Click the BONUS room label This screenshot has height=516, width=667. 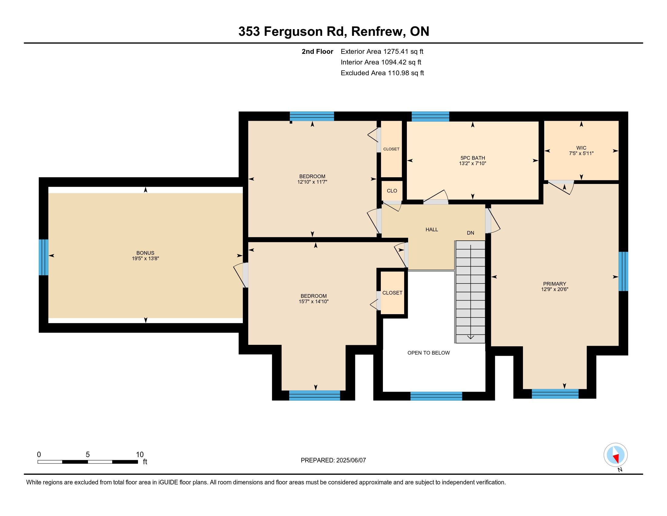pyautogui.click(x=145, y=253)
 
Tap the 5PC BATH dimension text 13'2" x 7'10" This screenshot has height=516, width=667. pyautogui.click(x=472, y=164)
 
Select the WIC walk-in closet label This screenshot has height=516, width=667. pyautogui.click(x=581, y=148)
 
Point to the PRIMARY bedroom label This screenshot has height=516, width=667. pyautogui.click(x=555, y=284)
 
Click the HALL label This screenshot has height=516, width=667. pyautogui.click(x=432, y=229)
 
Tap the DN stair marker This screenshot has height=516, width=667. pyautogui.click(x=470, y=233)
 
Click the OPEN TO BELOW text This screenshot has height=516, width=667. pyautogui.click(x=428, y=353)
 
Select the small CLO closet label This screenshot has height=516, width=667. pyautogui.click(x=392, y=191)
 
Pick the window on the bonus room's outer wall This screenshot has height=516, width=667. pyautogui.click(x=44, y=257)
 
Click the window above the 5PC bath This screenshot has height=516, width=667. pyautogui.click(x=430, y=117)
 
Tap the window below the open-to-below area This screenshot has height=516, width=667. pyautogui.click(x=436, y=396)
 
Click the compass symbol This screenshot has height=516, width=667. pyautogui.click(x=616, y=455)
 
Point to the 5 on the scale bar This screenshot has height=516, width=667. pyautogui.click(x=88, y=455)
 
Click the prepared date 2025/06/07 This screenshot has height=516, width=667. pyautogui.click(x=350, y=460)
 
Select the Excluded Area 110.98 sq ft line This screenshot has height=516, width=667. pyautogui.click(x=382, y=73)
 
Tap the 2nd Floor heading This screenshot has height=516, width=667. pyautogui.click(x=317, y=52)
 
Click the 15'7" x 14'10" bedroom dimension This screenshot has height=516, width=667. pyautogui.click(x=314, y=301)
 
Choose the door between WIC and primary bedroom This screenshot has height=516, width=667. pyautogui.click(x=561, y=186)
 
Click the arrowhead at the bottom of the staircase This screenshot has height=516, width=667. pyautogui.click(x=471, y=337)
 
